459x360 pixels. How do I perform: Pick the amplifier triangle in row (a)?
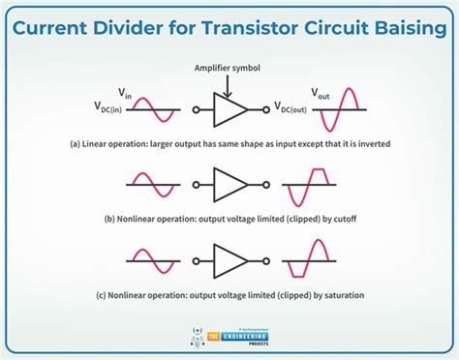point(229,109)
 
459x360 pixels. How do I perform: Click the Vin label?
point(124,92)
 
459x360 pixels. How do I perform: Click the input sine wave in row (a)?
point(157,108)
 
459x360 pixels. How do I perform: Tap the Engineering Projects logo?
point(229,334)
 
